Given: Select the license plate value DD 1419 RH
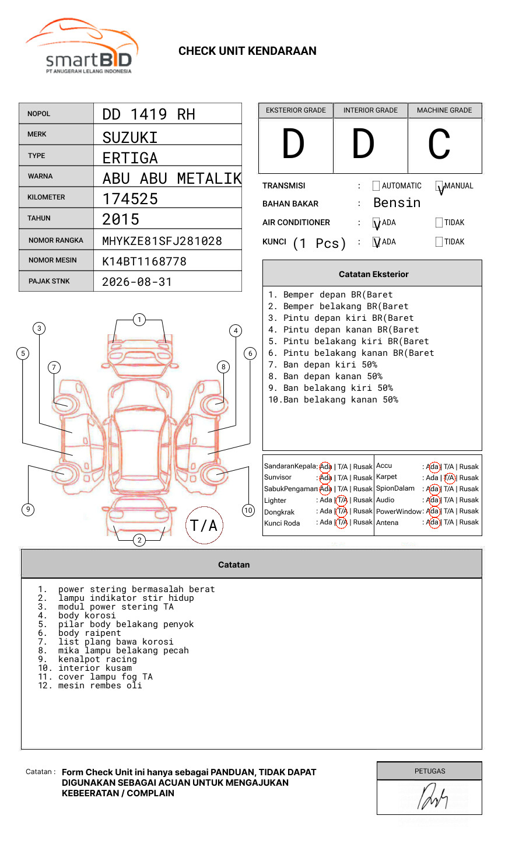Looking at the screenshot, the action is pyautogui.click(x=149, y=114).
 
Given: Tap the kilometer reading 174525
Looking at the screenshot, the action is pyautogui.click(x=129, y=199).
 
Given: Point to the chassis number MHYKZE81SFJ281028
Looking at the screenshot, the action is pyautogui.click(x=162, y=241).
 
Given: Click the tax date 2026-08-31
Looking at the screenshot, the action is pyautogui.click(x=137, y=282).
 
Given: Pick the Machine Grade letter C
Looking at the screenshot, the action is pyautogui.click(x=439, y=143).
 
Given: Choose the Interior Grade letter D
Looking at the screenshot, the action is pyautogui.click(x=363, y=143).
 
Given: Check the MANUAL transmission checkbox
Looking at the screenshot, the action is pyautogui.click(x=439, y=185).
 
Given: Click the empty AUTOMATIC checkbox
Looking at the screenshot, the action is pyautogui.click(x=376, y=185).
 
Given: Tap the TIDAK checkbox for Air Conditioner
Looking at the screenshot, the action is pyautogui.click(x=439, y=222).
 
